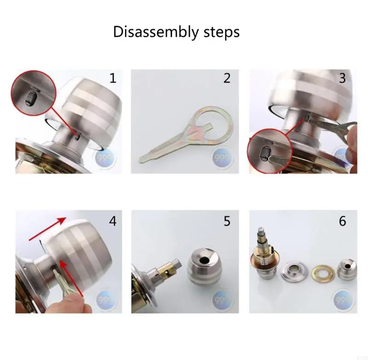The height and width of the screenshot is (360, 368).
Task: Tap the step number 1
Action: pos(112,78)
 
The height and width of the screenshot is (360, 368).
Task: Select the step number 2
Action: pos(227,78)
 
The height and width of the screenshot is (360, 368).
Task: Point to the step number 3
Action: pos(342,78)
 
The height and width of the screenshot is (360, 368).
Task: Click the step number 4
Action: pos(112,221)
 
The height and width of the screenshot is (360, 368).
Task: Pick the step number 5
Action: pos(227,221)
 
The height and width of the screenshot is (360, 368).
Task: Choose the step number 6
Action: pos(342,221)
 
